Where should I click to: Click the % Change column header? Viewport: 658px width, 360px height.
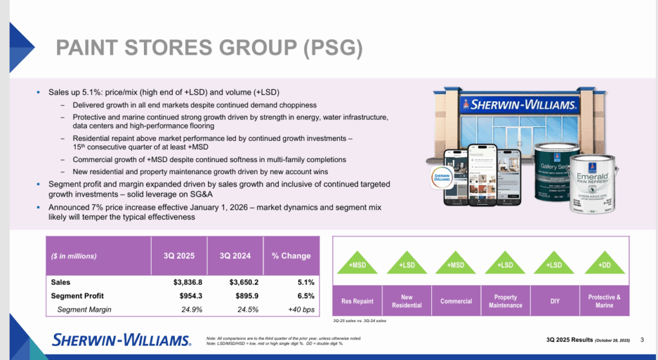290,256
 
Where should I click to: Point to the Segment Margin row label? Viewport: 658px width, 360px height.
84,309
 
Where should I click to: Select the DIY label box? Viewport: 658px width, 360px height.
555,301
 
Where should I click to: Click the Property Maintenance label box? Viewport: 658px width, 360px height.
506,301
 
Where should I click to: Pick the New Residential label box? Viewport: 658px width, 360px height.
407,301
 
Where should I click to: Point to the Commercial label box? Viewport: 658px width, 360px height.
456,301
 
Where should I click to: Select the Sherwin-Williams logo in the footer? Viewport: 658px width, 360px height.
121,339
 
